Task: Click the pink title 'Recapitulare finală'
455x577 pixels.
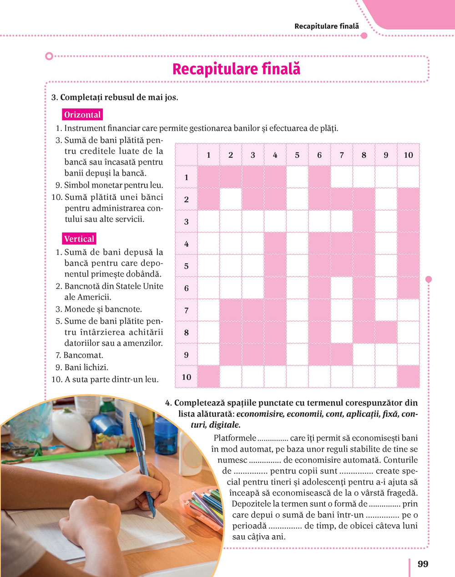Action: pos(236,70)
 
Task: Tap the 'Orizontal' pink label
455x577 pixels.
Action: pos(82,115)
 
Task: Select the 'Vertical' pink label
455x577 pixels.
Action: pos(79,239)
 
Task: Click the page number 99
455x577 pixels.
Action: pos(423,564)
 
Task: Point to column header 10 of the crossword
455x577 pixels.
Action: pos(408,155)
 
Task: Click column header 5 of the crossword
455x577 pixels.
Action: pos(297,155)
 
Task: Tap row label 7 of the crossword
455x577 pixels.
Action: pos(186,311)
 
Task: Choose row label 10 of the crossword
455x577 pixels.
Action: pos(186,377)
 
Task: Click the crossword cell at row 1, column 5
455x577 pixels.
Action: pos(297,177)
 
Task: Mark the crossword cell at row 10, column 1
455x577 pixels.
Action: pos(208,377)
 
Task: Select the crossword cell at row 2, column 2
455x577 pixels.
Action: pos(231,199)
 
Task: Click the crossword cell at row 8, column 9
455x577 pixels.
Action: pos(386,333)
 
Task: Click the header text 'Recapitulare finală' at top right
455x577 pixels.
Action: pos(326,26)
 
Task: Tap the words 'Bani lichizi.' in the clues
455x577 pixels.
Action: pos(86,367)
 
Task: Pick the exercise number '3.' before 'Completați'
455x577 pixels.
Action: pos(54,97)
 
